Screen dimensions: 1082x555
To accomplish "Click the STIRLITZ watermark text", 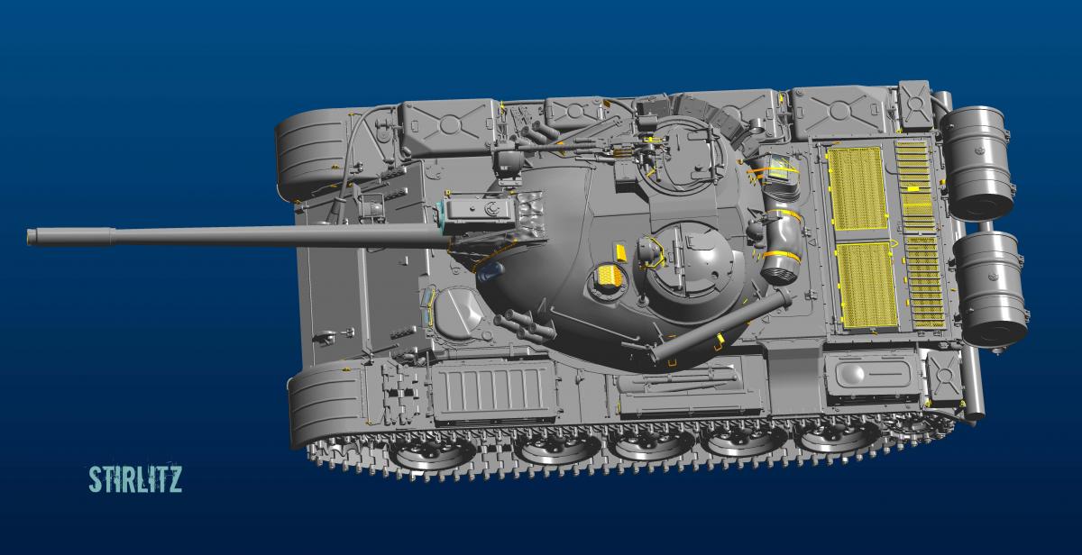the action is [x=135, y=479].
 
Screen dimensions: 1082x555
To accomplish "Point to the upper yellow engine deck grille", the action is [x=857, y=188].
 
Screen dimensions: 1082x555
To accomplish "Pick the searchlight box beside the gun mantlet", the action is [x=481, y=212].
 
